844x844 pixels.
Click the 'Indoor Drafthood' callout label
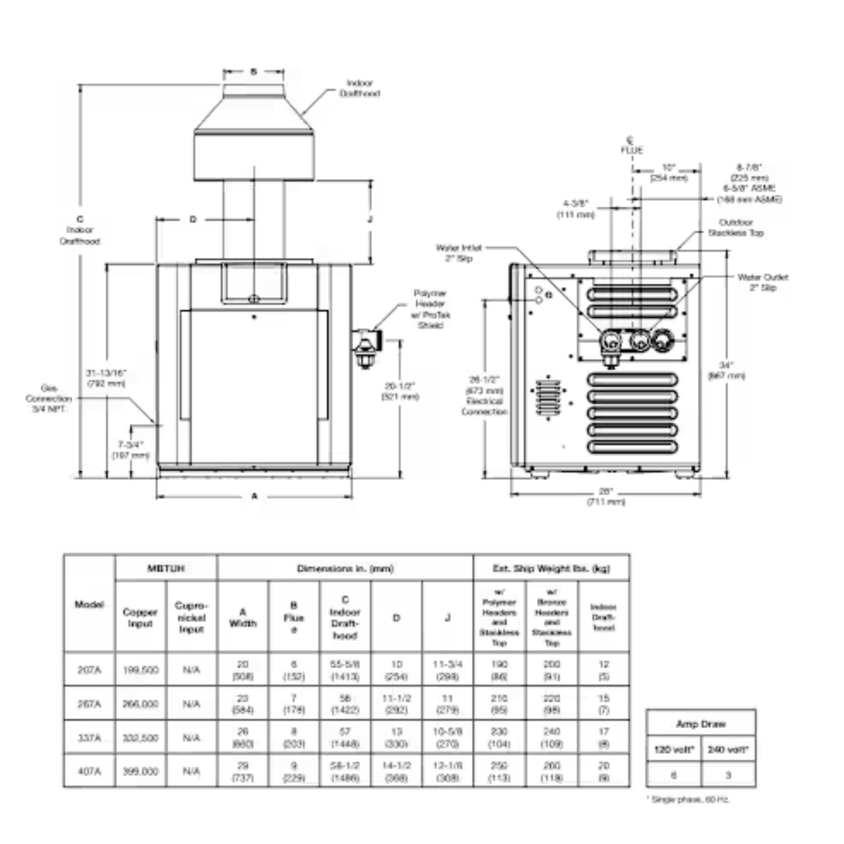tap(359, 88)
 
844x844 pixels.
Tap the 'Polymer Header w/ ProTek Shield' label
tap(430, 309)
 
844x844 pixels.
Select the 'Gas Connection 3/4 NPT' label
tap(48, 398)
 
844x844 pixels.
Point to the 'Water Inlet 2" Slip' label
tap(459, 253)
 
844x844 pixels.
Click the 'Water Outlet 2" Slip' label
tap(762, 282)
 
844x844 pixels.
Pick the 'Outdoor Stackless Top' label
tap(735, 227)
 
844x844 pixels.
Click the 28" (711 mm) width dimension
tap(606, 497)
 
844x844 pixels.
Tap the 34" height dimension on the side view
tap(726, 370)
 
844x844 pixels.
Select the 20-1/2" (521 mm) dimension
tap(400, 391)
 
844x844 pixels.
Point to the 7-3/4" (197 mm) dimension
tap(131, 450)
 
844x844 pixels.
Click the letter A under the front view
tap(254, 496)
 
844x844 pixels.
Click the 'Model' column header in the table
tap(89, 605)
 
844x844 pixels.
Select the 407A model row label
tap(89, 771)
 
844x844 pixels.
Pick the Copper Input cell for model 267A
tap(140, 704)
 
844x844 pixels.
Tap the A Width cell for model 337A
tap(243, 737)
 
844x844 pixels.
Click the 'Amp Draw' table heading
tap(700, 724)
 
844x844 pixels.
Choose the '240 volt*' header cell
tap(728, 749)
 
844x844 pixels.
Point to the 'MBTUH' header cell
tap(166, 568)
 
